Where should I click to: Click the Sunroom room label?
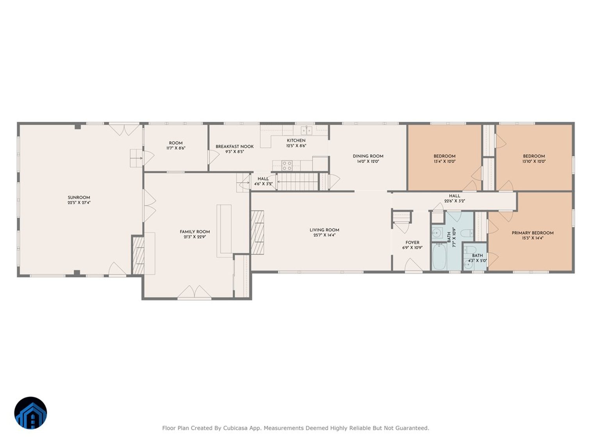click(x=79, y=197)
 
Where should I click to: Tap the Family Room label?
click(x=195, y=232)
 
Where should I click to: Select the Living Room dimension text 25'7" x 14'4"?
click(x=324, y=235)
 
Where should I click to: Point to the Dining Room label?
click(x=368, y=156)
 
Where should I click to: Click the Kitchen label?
click(x=296, y=141)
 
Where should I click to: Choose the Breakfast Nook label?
click(x=234, y=147)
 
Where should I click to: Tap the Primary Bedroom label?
click(x=532, y=233)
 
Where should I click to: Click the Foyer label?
click(x=412, y=243)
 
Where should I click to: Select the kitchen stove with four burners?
click(x=287, y=166)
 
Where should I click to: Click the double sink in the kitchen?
click(x=306, y=130)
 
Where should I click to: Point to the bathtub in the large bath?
click(x=439, y=256)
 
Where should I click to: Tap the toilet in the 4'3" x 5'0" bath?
click(x=470, y=250)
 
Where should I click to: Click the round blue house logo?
click(x=30, y=413)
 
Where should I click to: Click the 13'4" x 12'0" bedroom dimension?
click(x=444, y=162)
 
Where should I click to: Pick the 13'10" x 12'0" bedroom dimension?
click(x=534, y=162)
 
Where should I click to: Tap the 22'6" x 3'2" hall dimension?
click(x=455, y=201)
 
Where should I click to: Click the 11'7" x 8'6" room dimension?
click(x=176, y=148)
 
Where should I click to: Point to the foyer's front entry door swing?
click(x=414, y=265)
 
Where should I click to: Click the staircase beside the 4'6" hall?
click(x=298, y=182)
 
